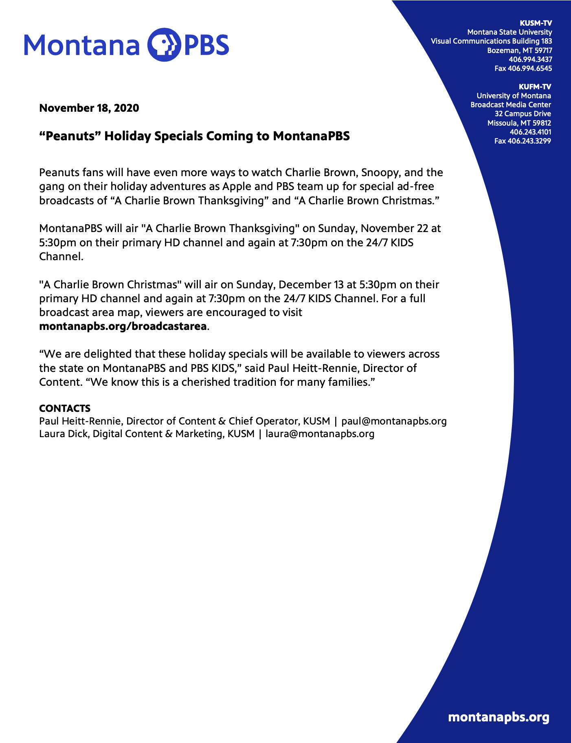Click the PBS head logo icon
click(x=163, y=44)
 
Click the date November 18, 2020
click(x=89, y=108)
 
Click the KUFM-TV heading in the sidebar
click(x=535, y=86)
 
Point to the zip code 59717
click(x=543, y=51)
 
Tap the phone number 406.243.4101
click(x=530, y=132)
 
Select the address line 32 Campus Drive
click(x=523, y=114)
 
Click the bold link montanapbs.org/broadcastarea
click(x=123, y=327)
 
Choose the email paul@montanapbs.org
click(x=394, y=421)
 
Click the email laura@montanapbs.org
click(x=320, y=434)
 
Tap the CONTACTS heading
click(x=65, y=409)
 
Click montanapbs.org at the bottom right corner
click(x=499, y=717)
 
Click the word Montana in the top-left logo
click(x=82, y=45)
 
